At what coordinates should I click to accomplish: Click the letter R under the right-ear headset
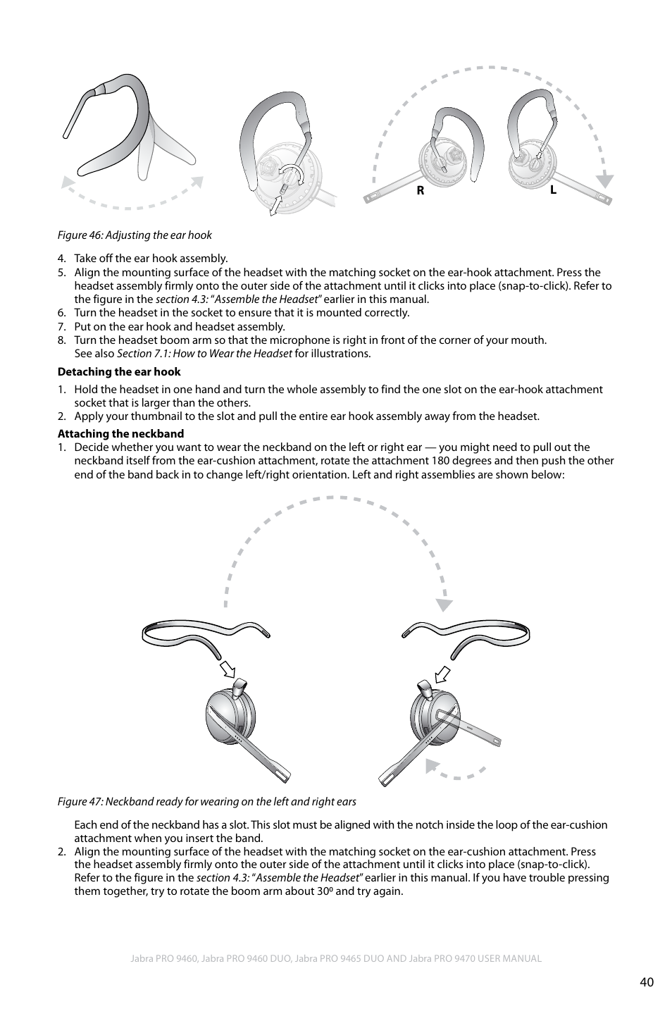pyautogui.click(x=420, y=190)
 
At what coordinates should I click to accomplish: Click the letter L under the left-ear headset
pyautogui.click(x=554, y=190)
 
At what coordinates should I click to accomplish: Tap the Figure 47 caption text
pyautogui.click(x=206, y=801)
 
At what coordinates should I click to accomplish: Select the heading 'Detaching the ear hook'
pyautogui.click(x=119, y=372)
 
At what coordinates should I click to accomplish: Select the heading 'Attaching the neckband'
pyautogui.click(x=120, y=434)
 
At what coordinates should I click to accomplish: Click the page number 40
pyautogui.click(x=647, y=982)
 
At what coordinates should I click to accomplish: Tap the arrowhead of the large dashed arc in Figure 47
pyautogui.click(x=444, y=604)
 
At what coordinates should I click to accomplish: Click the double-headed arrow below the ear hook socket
pyautogui.click(x=277, y=204)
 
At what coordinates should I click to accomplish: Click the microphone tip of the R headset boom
pyautogui.click(x=369, y=198)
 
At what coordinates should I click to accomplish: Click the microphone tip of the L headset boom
pyautogui.click(x=605, y=199)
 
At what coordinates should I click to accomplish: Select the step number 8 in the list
pyautogui.click(x=61, y=340)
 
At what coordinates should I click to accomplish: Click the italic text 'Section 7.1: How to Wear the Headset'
pyautogui.click(x=204, y=354)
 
